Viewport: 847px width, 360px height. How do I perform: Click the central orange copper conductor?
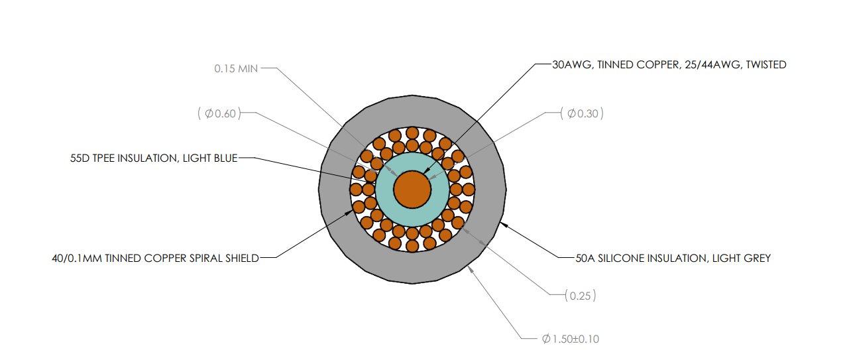pyautogui.click(x=412, y=190)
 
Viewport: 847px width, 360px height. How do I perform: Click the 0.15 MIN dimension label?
pyautogui.click(x=236, y=68)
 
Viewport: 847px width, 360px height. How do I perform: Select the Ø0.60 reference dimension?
pyautogui.click(x=219, y=113)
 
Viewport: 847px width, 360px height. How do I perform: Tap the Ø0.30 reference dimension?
pyautogui.click(x=582, y=113)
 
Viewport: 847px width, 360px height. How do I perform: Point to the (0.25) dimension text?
pyautogui.click(x=581, y=296)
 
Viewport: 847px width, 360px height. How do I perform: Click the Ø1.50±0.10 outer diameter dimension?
pyautogui.click(x=571, y=339)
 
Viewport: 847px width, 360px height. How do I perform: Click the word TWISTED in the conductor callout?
pyautogui.click(x=766, y=65)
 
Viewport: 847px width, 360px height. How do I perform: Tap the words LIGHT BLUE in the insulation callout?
pyautogui.click(x=210, y=158)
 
